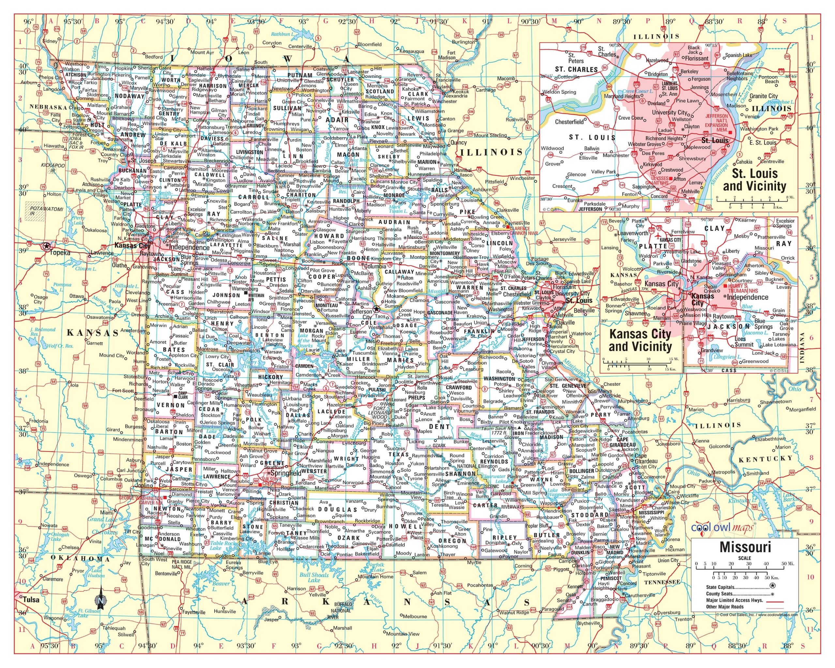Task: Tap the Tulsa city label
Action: (x=31, y=600)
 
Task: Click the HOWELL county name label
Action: (x=405, y=527)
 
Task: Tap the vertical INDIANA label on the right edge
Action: (x=802, y=347)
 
